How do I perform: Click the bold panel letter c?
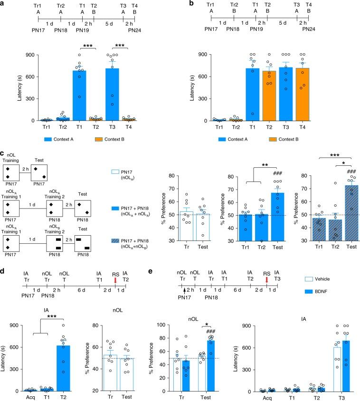click(3, 154)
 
